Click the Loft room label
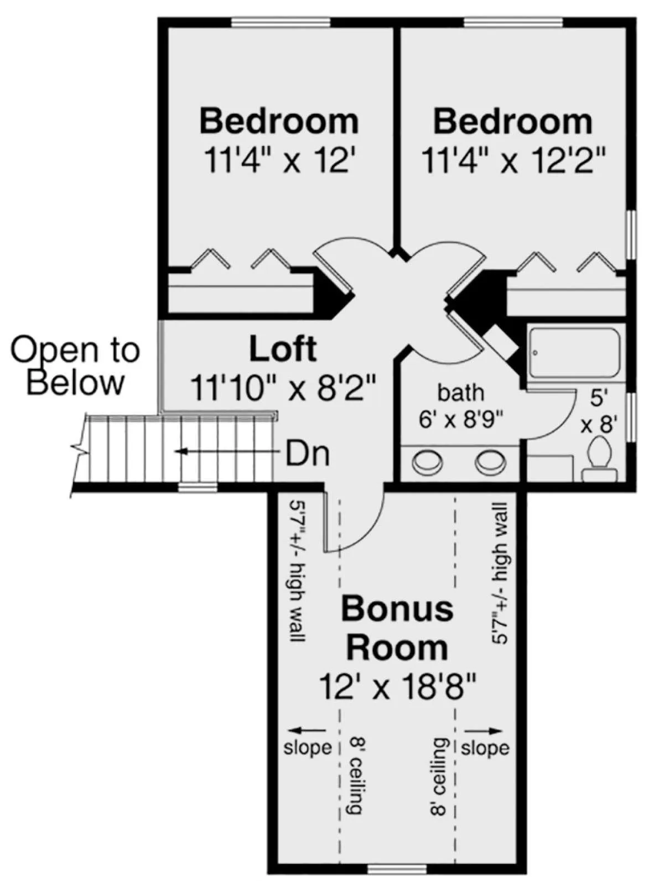(x=283, y=349)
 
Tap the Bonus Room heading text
(x=397, y=627)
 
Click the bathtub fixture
(x=574, y=352)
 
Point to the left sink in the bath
(x=428, y=463)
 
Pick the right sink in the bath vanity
(x=490, y=463)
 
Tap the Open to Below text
(x=75, y=366)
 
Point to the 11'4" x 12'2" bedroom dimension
(x=513, y=160)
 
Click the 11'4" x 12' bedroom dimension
(x=280, y=160)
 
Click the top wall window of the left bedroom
(x=281, y=22)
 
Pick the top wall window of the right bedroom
(x=515, y=22)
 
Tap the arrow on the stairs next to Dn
(x=228, y=451)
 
